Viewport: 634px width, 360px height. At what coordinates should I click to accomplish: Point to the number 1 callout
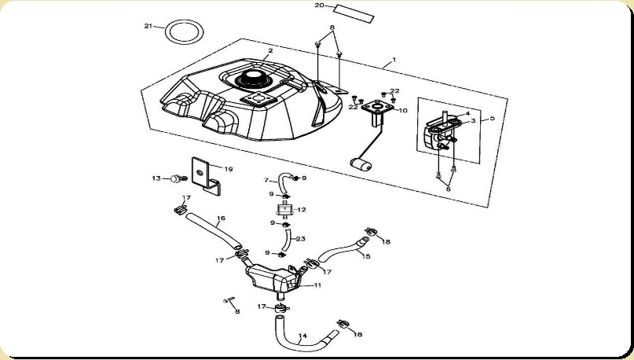(394, 60)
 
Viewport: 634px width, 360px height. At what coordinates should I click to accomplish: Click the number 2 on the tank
(269, 51)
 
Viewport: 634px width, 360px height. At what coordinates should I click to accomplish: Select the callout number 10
(403, 111)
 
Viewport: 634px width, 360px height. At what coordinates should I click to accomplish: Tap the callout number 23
(300, 239)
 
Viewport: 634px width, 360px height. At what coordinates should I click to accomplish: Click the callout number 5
(493, 119)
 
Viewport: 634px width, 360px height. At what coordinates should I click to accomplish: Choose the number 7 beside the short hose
(266, 180)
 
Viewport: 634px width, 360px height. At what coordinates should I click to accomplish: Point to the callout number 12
(302, 210)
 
